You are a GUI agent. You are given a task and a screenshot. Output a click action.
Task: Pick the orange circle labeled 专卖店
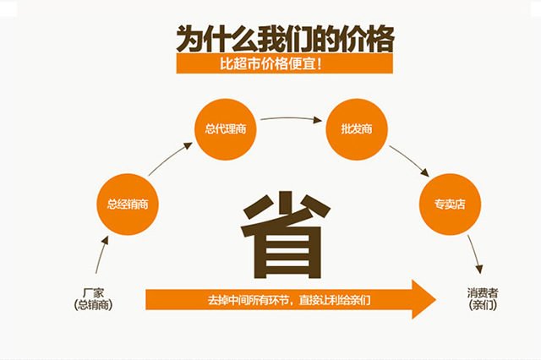point(451,204)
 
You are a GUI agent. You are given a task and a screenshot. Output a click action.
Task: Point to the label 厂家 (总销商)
point(93,298)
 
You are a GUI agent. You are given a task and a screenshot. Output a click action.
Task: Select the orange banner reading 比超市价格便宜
point(284,64)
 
